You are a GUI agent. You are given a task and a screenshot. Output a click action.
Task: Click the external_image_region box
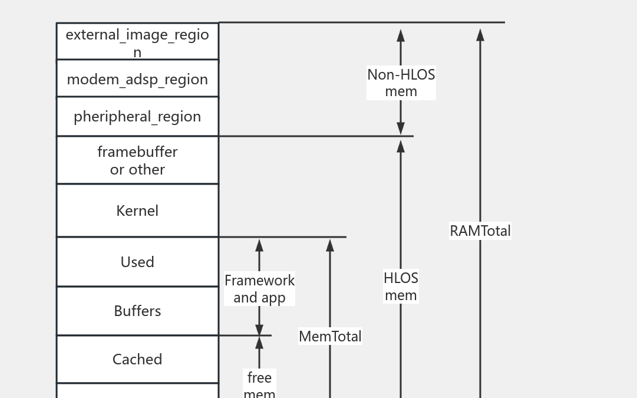coord(137,41)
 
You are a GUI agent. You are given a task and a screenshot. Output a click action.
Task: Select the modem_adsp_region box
coord(137,78)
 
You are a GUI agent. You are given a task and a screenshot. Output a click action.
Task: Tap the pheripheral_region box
coord(137,116)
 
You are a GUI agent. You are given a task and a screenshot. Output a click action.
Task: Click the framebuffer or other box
coord(137,160)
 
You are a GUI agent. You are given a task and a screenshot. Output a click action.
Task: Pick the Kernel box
coord(137,210)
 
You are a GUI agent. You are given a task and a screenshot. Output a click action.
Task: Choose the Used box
coord(137,262)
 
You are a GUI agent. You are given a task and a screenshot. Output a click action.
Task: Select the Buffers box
coord(137,311)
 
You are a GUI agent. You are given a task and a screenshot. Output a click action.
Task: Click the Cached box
coord(137,359)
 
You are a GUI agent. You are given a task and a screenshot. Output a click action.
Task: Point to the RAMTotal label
coord(480,231)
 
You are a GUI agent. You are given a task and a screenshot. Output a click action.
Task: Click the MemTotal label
coord(330,336)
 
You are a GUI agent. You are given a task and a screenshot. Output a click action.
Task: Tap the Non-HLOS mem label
coord(401,83)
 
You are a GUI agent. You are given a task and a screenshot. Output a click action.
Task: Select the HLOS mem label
coord(401,286)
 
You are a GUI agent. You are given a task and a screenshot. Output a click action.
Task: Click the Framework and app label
coord(259,288)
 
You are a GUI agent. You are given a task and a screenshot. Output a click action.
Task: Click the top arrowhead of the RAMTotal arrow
coord(480,35)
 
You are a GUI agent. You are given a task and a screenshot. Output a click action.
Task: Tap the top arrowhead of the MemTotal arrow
coord(330,245)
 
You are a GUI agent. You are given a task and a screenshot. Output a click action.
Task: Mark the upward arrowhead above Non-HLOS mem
coord(401,35)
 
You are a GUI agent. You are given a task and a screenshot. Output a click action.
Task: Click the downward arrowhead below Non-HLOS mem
coord(401,129)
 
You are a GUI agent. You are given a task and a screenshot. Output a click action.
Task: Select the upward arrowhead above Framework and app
coord(259,245)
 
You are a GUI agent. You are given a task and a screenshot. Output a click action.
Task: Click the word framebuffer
coord(137,152)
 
